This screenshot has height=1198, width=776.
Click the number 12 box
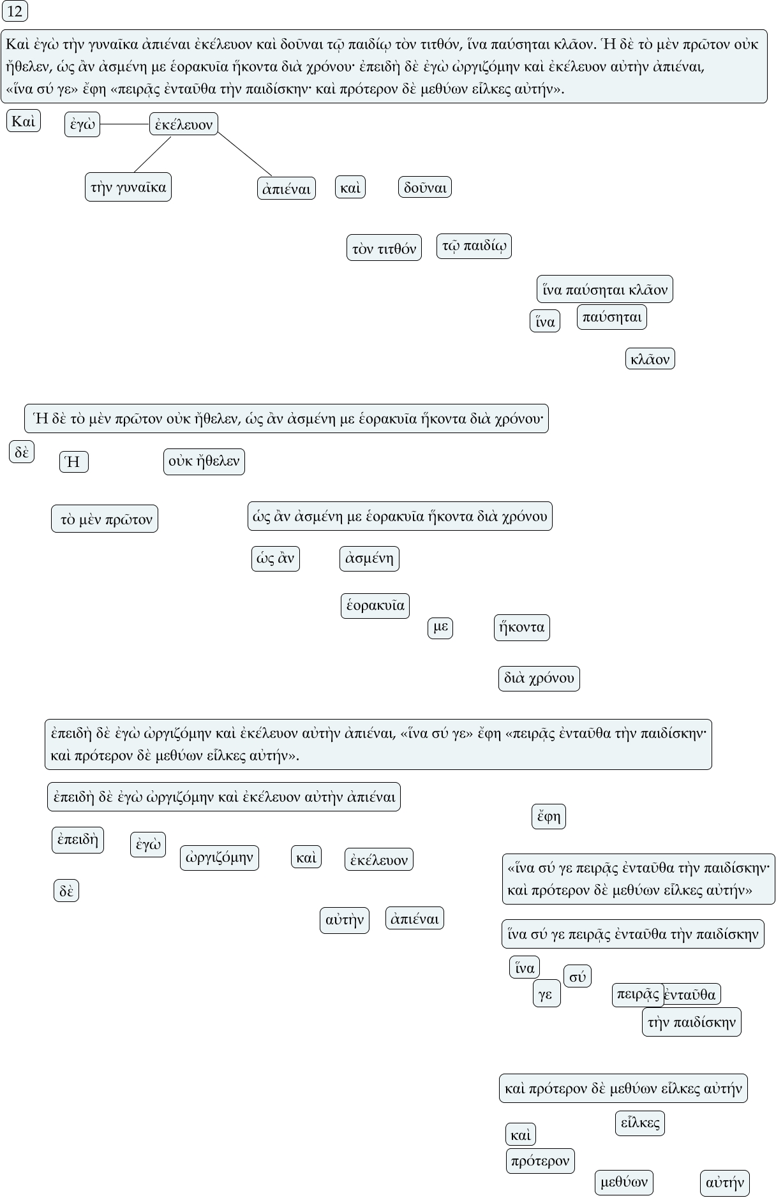point(14,11)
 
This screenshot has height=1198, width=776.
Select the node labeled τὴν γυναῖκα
point(128,187)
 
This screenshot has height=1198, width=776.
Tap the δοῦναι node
point(425,187)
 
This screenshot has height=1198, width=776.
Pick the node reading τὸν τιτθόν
point(384,248)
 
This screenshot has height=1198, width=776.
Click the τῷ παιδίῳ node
point(474,246)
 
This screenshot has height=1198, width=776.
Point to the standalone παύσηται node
point(611,317)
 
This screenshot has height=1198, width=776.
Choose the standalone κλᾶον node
point(650,359)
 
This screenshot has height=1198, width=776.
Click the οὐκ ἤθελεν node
point(204,461)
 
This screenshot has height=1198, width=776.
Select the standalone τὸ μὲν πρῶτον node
point(105,519)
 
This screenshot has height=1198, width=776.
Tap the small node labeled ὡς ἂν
point(276,559)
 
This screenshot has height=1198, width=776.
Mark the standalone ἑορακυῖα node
point(375,605)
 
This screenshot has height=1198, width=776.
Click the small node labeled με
point(440,628)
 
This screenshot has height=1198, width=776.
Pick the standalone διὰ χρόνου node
point(539,678)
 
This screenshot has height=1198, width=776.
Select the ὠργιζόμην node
point(220,857)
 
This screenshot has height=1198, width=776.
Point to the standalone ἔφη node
point(549,816)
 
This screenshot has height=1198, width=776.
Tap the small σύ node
point(578,976)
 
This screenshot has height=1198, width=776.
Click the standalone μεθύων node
point(624,1182)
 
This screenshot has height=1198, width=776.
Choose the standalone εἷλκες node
point(640,1123)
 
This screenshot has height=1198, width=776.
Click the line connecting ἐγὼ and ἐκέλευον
point(125,124)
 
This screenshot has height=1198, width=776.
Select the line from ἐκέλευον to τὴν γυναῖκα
point(153,154)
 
